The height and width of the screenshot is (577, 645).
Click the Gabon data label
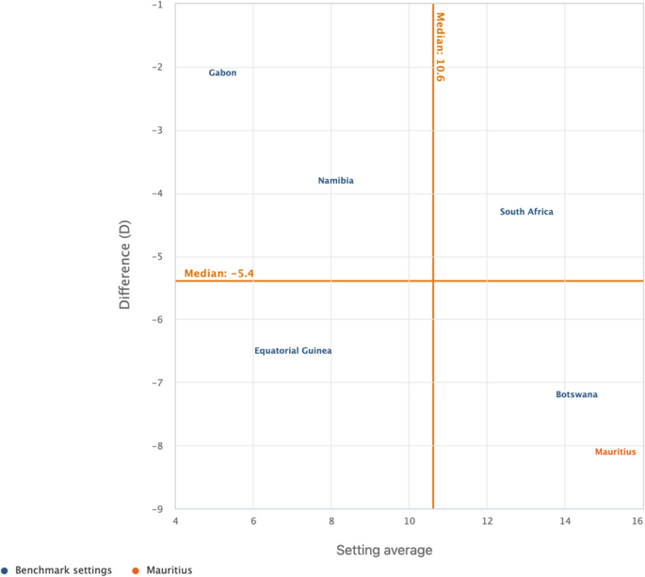point(222,72)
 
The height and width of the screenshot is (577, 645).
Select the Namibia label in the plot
point(335,181)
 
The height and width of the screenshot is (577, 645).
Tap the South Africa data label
point(526,212)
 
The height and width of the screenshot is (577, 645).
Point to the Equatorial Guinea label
point(293,351)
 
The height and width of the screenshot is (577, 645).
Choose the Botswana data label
point(576,394)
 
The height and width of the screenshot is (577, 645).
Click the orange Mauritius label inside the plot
point(616,452)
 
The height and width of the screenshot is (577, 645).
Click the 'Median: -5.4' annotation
point(218,274)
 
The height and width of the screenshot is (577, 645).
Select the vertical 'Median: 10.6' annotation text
point(440,47)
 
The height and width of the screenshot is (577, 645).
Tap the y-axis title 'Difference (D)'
point(124,264)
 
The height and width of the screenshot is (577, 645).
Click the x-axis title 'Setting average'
point(384,550)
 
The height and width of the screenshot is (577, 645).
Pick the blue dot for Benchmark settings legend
point(5,570)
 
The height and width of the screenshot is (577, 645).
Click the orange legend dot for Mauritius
point(136,570)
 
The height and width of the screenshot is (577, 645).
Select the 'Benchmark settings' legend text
point(63,570)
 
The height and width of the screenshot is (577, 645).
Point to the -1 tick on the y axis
point(158,5)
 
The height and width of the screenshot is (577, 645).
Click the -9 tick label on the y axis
point(157,509)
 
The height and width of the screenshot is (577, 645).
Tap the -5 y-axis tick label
point(157,257)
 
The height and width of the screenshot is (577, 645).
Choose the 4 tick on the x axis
point(176,521)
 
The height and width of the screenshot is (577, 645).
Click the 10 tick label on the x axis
point(410,521)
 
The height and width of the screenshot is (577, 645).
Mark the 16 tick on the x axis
point(637,521)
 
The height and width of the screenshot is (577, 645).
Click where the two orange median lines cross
point(433,280)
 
